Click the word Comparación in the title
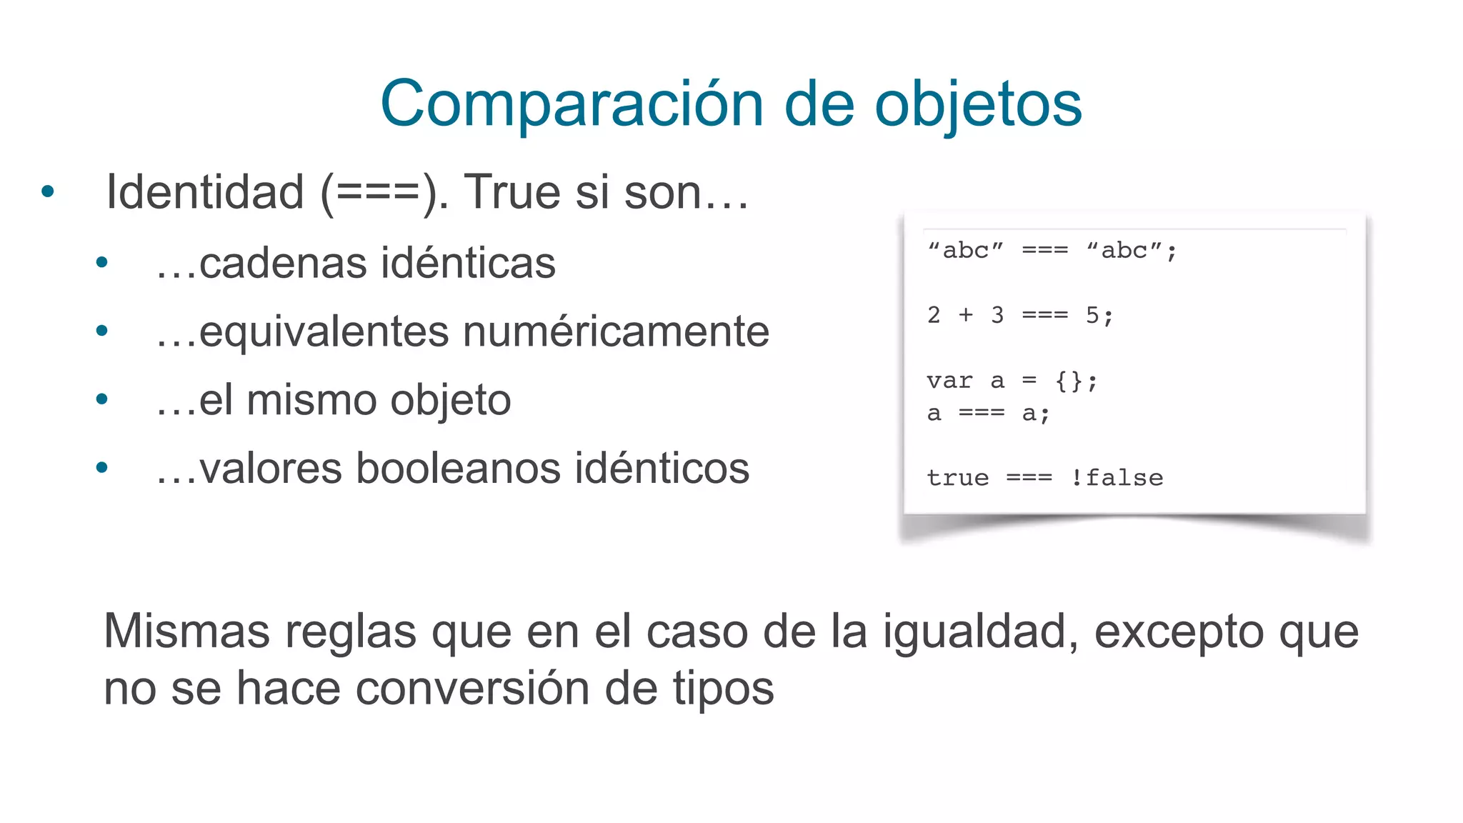(x=572, y=104)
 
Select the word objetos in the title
(x=978, y=104)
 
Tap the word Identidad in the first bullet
(x=205, y=192)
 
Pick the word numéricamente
(x=616, y=331)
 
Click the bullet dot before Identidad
(x=48, y=191)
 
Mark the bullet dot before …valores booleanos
(x=101, y=468)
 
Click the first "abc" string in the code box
(x=965, y=251)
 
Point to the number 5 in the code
(x=1092, y=315)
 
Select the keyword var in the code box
(x=949, y=381)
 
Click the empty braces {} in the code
(x=1069, y=381)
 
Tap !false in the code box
(x=1117, y=478)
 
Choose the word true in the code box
(x=957, y=478)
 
